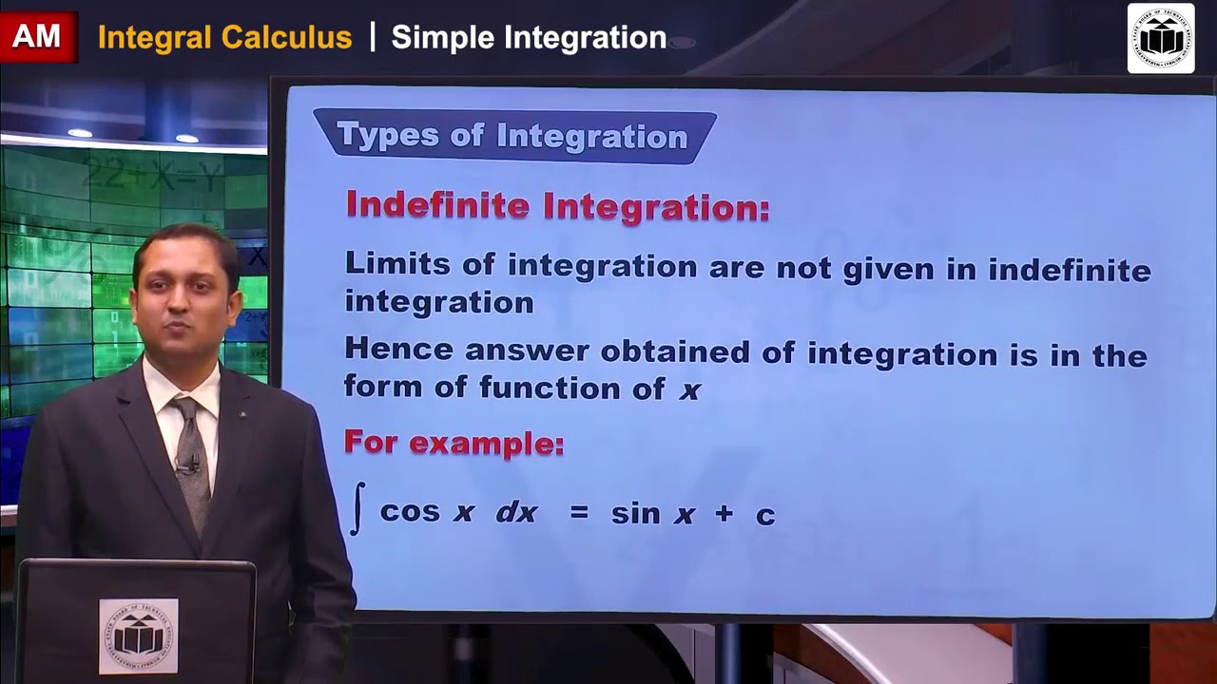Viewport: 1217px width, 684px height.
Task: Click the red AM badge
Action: (x=37, y=38)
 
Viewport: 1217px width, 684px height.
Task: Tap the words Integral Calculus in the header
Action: (x=224, y=38)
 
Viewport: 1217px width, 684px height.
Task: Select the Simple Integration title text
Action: (x=529, y=38)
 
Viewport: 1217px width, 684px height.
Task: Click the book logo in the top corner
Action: (x=1160, y=38)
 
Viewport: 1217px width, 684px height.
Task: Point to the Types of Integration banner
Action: (x=513, y=136)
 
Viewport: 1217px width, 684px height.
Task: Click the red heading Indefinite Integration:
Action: (x=557, y=206)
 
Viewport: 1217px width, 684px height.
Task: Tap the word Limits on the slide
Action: (x=397, y=264)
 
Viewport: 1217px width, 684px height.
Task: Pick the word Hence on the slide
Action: (x=398, y=349)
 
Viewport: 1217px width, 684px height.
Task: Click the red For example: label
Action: (x=454, y=443)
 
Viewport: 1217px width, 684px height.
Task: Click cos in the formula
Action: (x=410, y=512)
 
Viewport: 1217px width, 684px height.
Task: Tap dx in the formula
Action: (x=516, y=513)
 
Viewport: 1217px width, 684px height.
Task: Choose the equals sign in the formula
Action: (x=579, y=513)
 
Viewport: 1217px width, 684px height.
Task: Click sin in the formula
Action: (x=635, y=513)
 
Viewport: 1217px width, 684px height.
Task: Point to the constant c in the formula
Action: (x=765, y=516)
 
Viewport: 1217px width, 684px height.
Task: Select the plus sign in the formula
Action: (x=724, y=514)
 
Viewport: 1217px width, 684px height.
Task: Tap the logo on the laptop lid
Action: (x=139, y=636)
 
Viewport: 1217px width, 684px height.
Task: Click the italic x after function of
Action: (x=689, y=389)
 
